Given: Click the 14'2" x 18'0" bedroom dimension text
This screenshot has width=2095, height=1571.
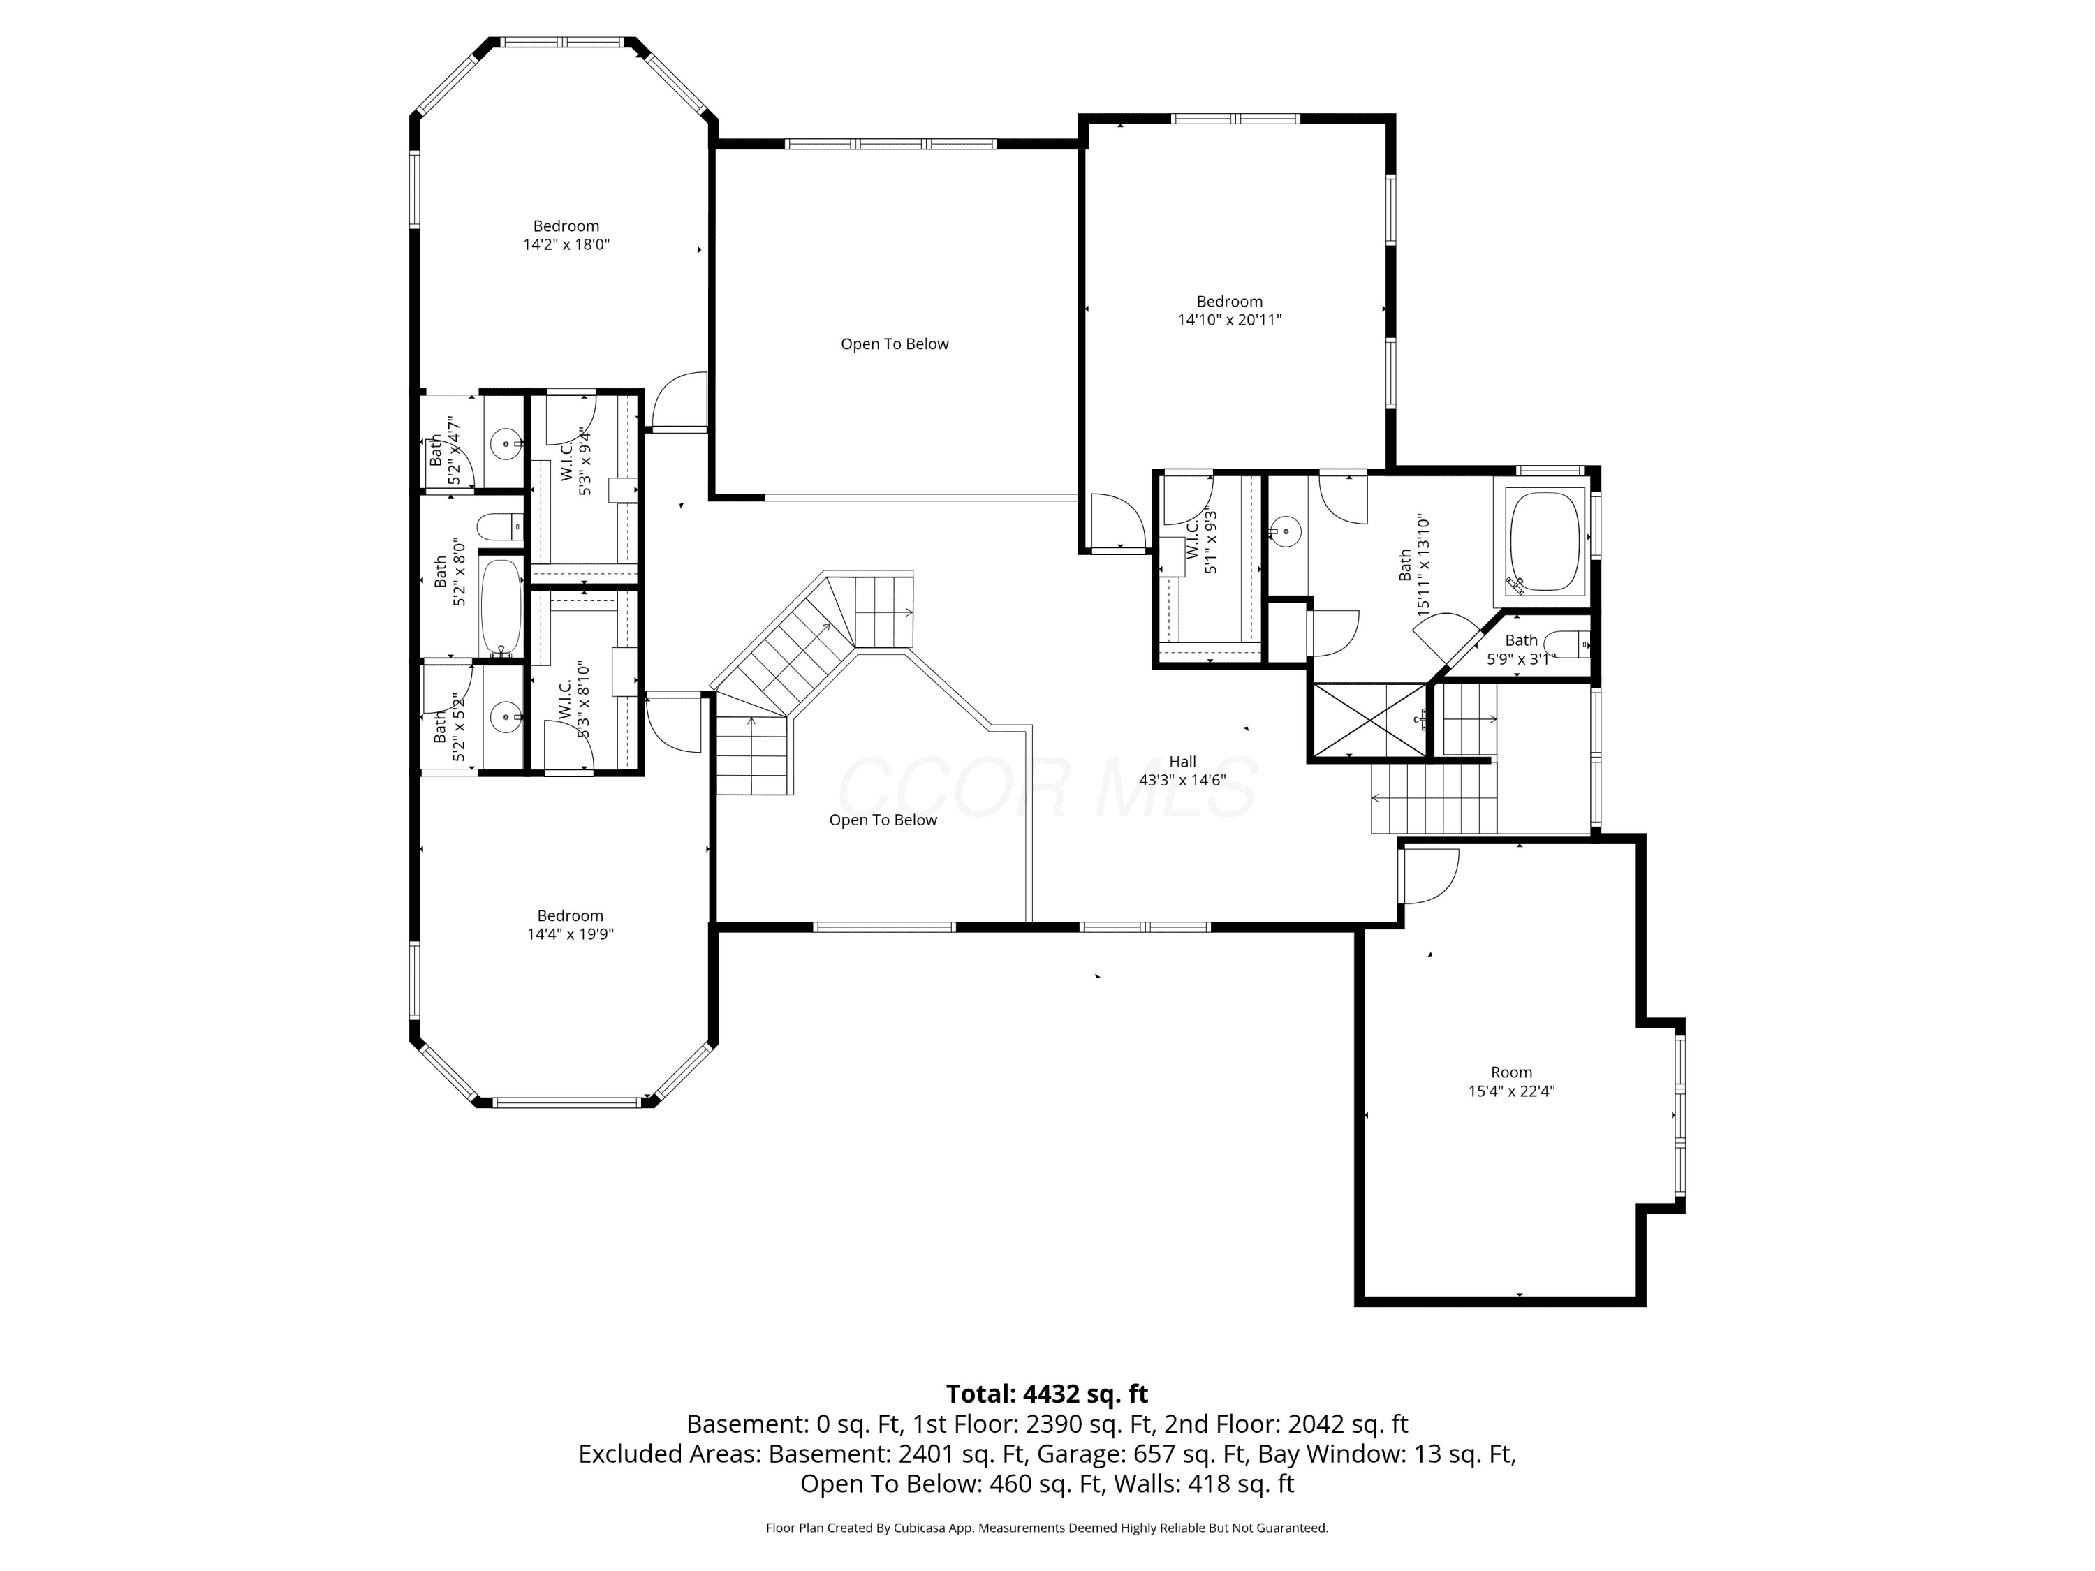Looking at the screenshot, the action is coord(566,244).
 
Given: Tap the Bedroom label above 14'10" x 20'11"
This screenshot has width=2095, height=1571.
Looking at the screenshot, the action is coord(1229,301).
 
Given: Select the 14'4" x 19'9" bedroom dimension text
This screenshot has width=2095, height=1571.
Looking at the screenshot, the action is coord(570,934).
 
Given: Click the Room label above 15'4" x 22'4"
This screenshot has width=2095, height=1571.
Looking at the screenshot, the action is coord(1512,1072).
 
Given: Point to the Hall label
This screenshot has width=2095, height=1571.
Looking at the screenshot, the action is coord(1182,761).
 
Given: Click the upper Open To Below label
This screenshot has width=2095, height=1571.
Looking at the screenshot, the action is coord(895,344).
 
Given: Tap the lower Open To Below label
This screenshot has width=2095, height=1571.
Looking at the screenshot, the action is coord(883,820).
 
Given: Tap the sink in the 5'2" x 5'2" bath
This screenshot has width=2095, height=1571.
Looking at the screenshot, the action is coord(508,716).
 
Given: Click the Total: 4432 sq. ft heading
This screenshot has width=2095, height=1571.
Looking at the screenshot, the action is coord(1047,1394).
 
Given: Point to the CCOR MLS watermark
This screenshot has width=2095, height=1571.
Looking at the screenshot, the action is coord(1047,788).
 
